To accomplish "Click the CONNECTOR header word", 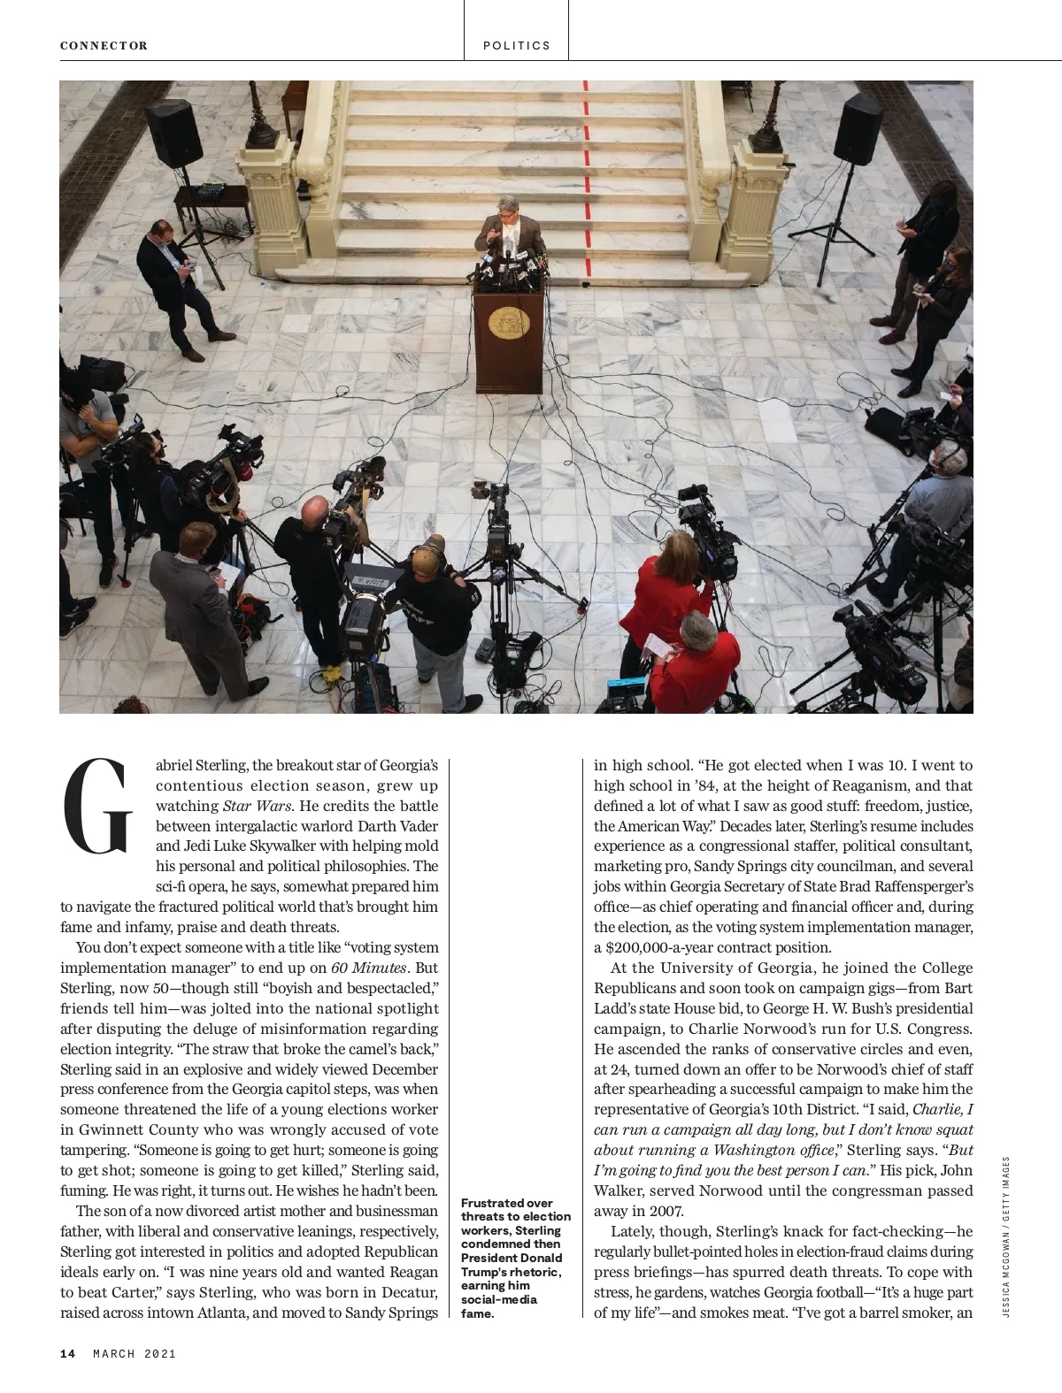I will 104,45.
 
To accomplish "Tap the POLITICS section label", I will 517,45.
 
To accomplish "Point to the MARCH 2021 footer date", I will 135,1353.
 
